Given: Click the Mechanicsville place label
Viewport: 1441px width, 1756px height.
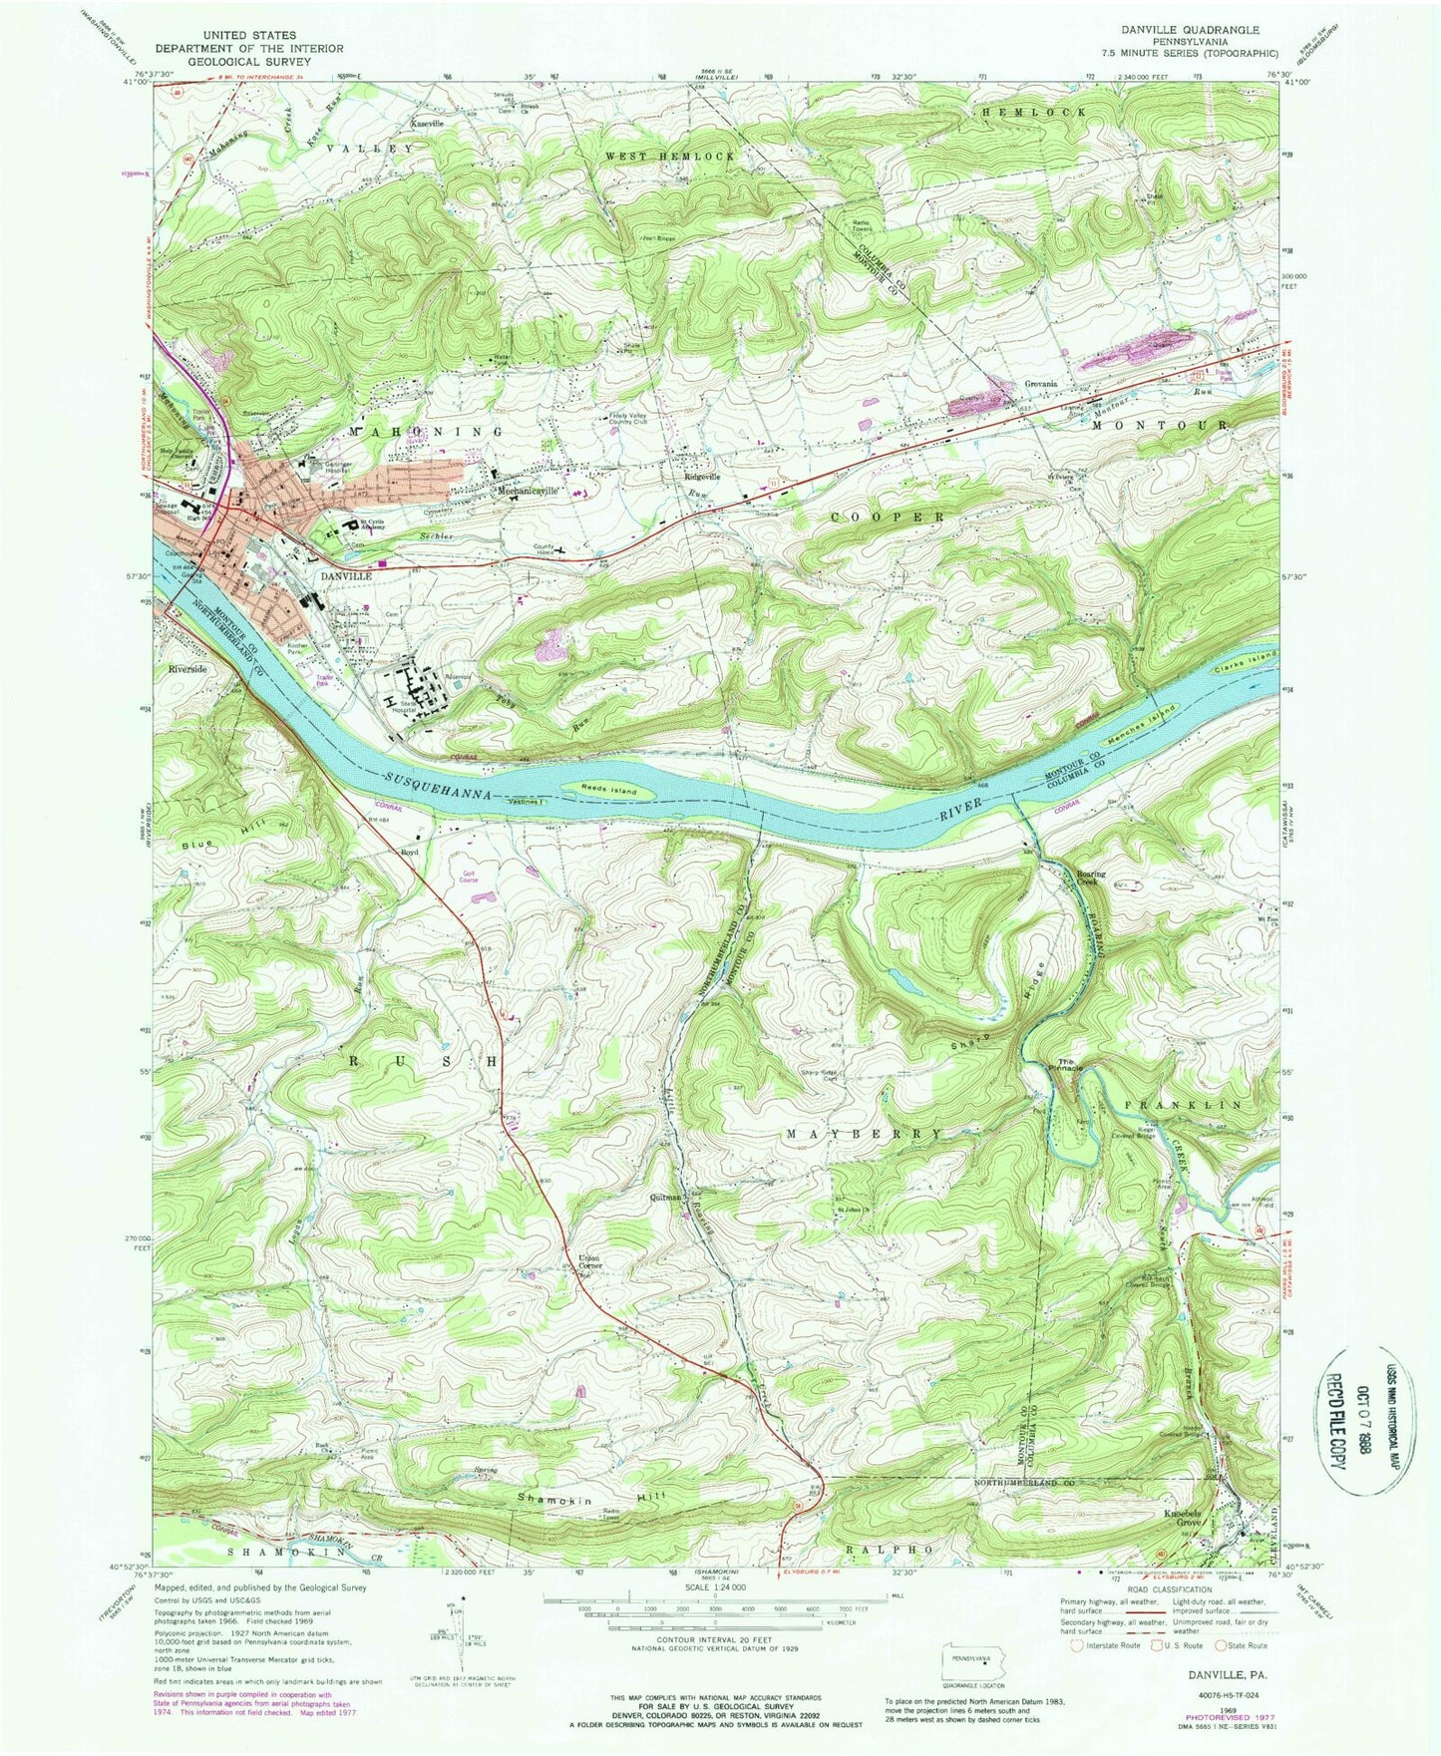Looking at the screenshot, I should click(x=527, y=492).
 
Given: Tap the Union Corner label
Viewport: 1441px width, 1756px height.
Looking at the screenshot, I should click(x=589, y=1262).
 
